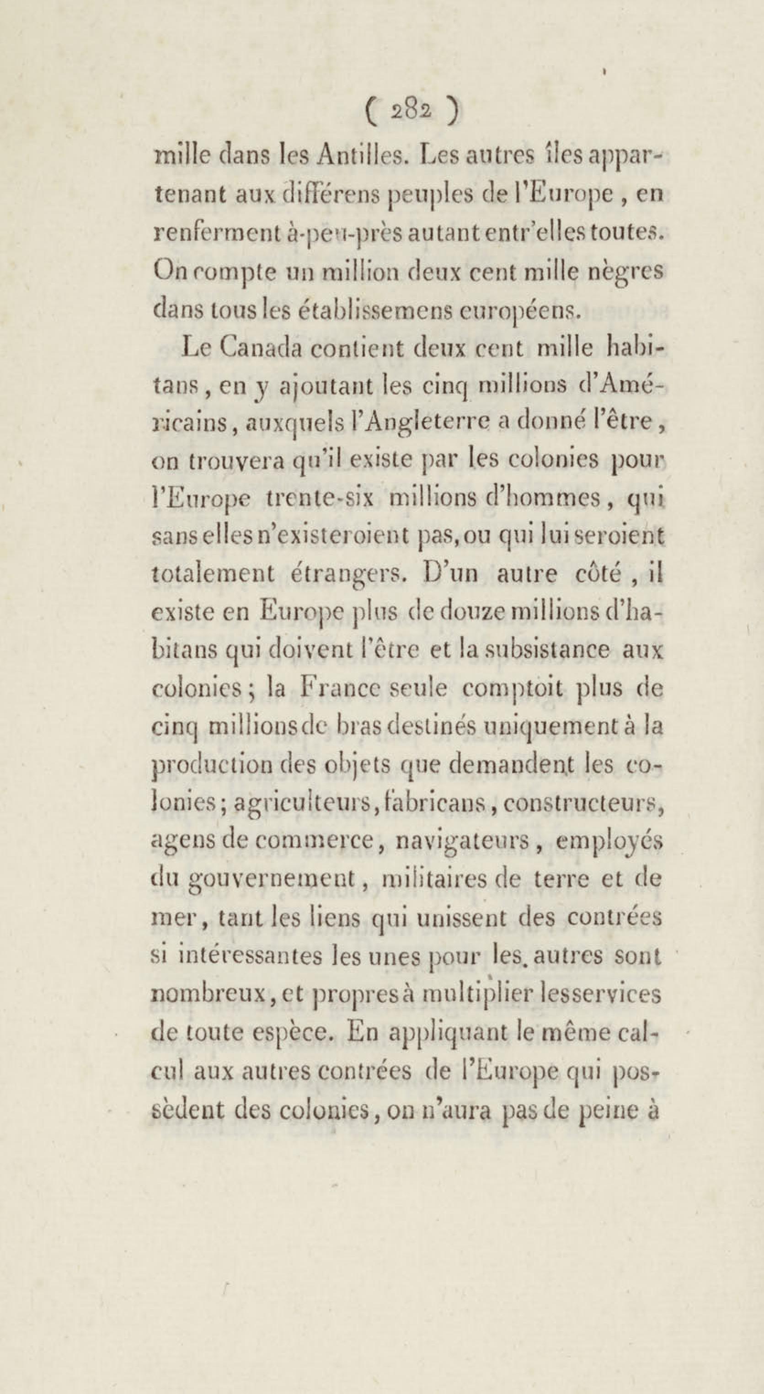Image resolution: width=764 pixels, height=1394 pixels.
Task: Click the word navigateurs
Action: [460, 840]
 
